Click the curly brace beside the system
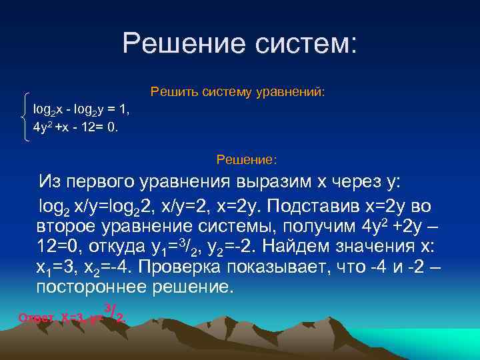25,117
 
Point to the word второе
67,225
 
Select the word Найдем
296,247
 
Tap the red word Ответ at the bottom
37,318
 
